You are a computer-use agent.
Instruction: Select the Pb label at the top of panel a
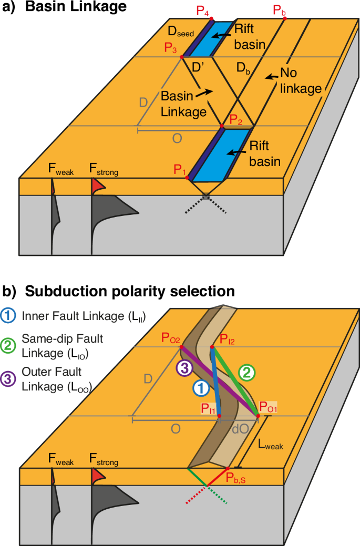point(280,9)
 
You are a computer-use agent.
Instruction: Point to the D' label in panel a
point(199,67)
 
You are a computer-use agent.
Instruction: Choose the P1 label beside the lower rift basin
point(180,170)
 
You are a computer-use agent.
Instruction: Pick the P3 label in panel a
point(170,48)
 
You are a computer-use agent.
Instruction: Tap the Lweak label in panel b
point(271,445)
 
